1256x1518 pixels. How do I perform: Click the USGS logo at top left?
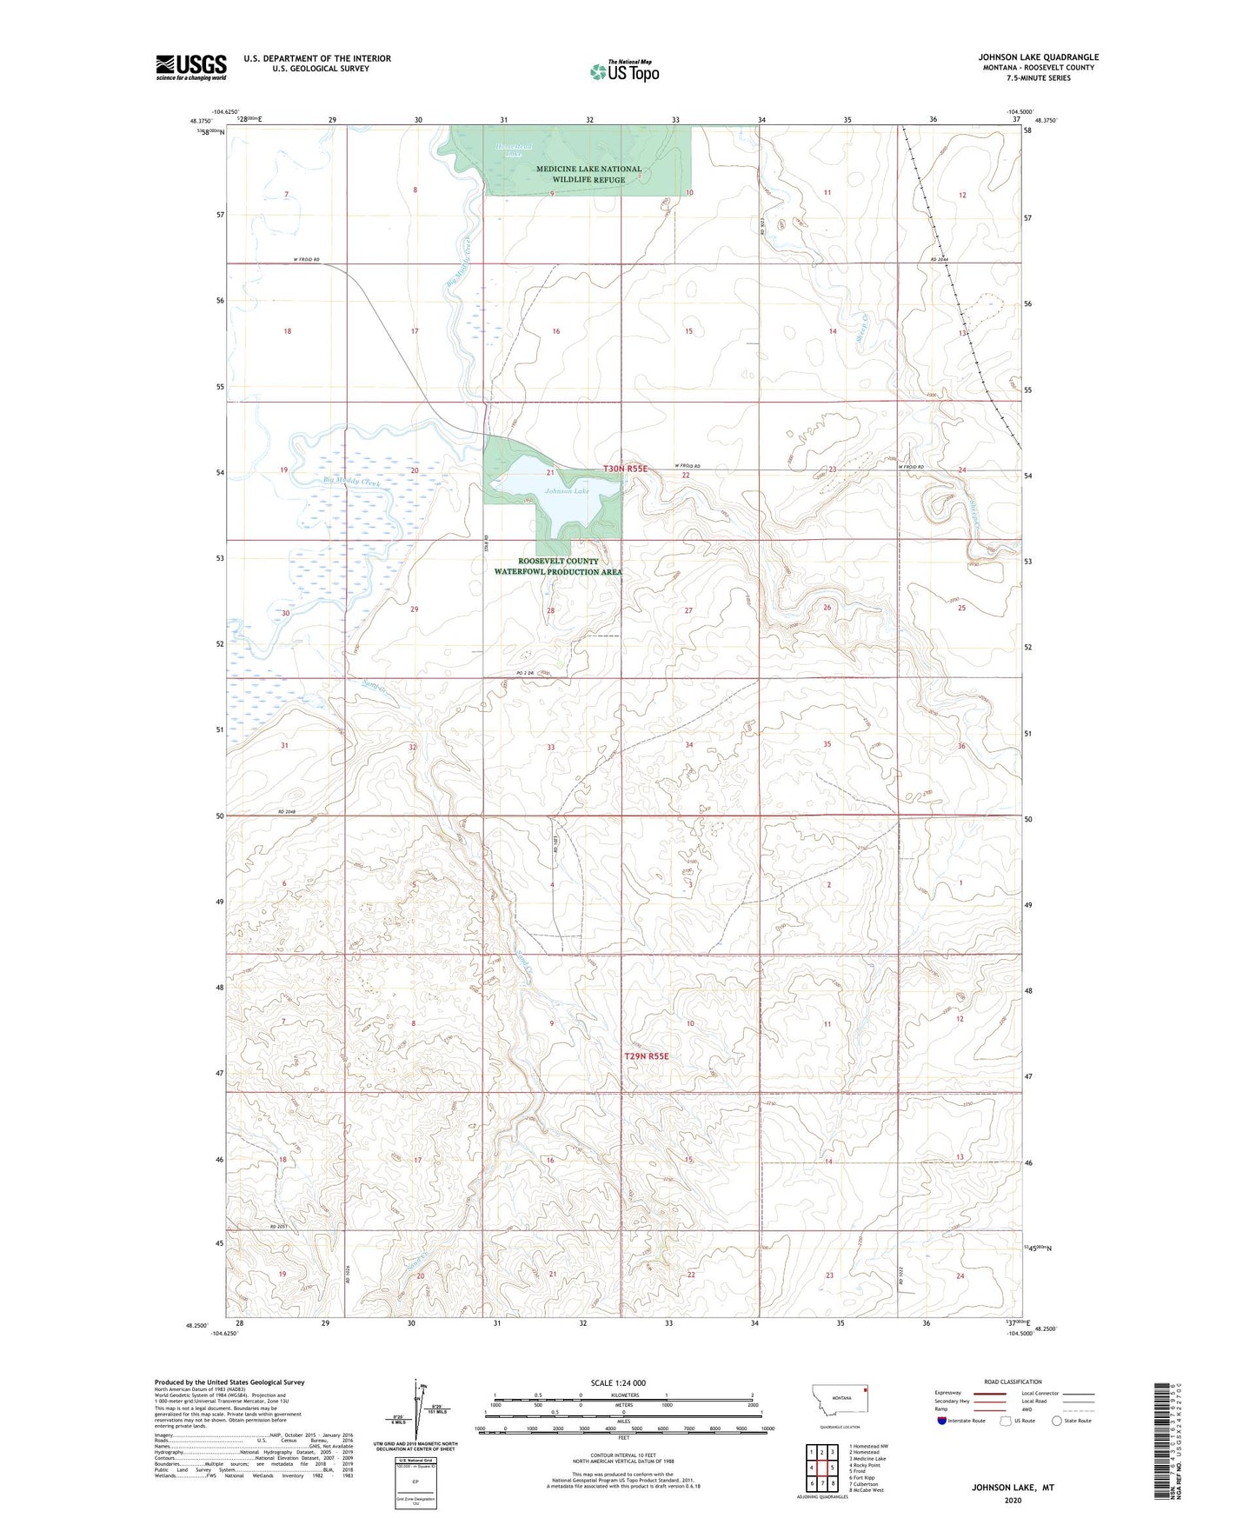(x=190, y=67)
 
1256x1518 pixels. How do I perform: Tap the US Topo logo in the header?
(x=624, y=71)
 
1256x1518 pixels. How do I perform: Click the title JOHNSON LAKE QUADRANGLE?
(x=1037, y=57)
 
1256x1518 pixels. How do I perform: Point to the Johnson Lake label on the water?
(x=567, y=491)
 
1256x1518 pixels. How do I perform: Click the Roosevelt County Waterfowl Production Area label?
(x=558, y=567)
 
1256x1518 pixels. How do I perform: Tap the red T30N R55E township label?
(x=626, y=469)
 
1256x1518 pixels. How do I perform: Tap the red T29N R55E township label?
(x=647, y=1055)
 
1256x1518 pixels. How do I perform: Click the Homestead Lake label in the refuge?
(x=514, y=150)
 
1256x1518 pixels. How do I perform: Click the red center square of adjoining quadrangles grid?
(x=821, y=1468)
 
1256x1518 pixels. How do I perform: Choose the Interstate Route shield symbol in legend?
(x=941, y=1421)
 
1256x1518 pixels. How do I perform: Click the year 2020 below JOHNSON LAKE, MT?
(x=1012, y=1500)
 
